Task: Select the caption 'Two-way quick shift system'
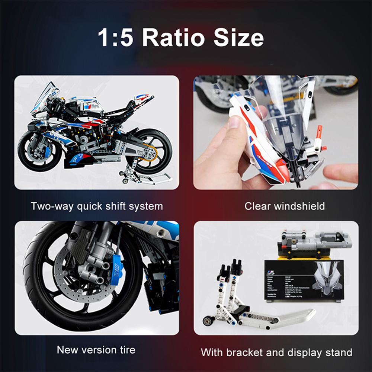(x=97, y=206)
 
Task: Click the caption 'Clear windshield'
(x=285, y=206)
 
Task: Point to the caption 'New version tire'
(x=96, y=350)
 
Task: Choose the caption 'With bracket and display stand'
(x=276, y=352)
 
